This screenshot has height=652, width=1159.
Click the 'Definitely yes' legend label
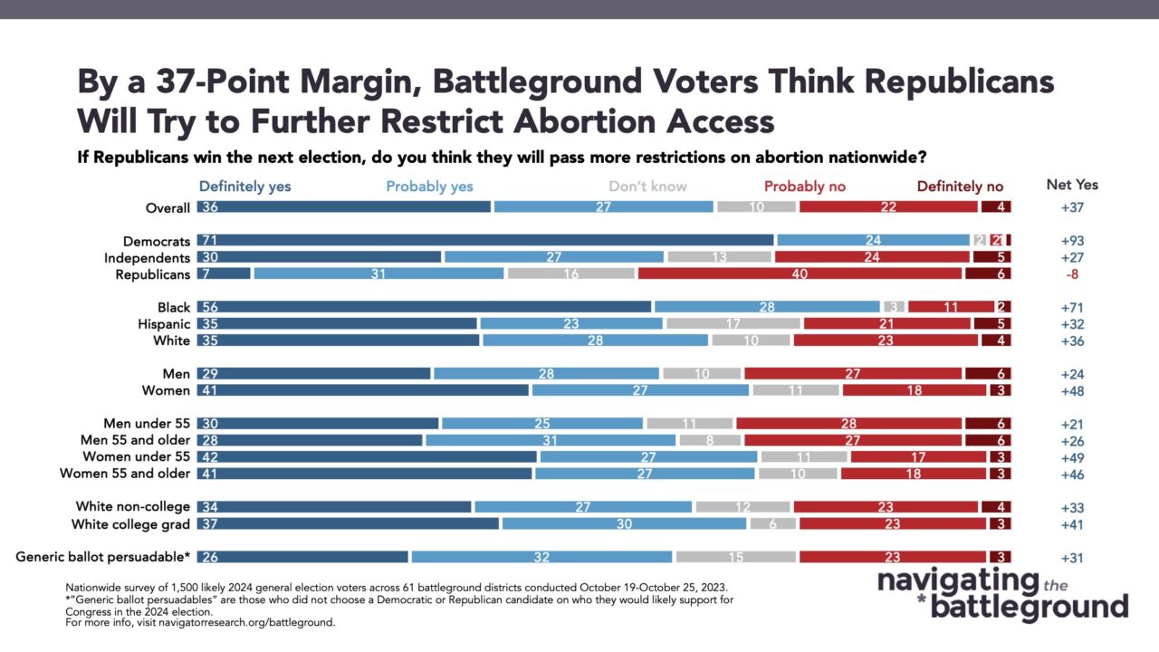(x=244, y=187)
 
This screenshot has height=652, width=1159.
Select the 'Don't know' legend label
(x=647, y=187)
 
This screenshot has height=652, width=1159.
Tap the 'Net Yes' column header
(x=1072, y=185)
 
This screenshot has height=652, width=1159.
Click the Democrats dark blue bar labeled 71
(x=485, y=240)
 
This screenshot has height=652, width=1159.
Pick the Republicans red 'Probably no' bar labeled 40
(x=800, y=273)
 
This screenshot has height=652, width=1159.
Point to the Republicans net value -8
(x=1072, y=274)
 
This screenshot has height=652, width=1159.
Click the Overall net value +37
(x=1072, y=207)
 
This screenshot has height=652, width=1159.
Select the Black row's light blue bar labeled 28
(x=767, y=307)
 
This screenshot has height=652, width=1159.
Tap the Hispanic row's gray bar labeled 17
(x=733, y=323)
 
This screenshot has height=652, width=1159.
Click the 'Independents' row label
(x=147, y=258)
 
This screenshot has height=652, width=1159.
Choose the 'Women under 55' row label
(x=136, y=456)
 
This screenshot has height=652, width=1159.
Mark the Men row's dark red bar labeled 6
(x=988, y=374)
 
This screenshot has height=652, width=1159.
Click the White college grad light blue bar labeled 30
(x=624, y=523)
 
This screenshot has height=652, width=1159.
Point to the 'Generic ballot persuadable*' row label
(x=103, y=557)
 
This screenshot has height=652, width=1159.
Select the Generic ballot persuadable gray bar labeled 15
(x=736, y=557)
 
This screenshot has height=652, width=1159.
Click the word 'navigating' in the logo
(x=958, y=582)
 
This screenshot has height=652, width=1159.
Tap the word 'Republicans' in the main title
(x=959, y=82)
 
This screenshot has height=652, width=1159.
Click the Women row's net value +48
(x=1072, y=391)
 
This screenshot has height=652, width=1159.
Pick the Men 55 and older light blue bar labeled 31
(x=550, y=440)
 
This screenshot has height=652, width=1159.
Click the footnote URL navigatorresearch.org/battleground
(x=246, y=622)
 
